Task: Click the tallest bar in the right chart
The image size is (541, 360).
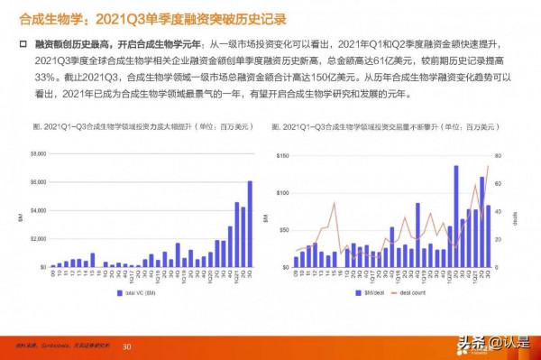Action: tap(455, 217)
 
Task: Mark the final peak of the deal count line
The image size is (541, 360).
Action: tap(488, 166)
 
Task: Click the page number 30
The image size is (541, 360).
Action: tap(127, 346)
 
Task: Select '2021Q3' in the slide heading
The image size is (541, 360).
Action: tap(119, 17)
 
